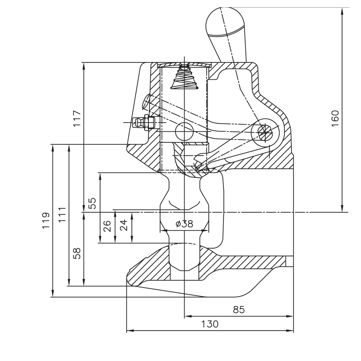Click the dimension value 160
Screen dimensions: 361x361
(x=335, y=118)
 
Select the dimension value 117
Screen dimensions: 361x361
(x=77, y=118)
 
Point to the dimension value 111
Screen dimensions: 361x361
(x=62, y=214)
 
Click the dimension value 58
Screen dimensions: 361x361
(x=77, y=253)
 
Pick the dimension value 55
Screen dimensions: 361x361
(x=93, y=203)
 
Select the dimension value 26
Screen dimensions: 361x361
(x=107, y=226)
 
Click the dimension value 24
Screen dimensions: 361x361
(x=123, y=225)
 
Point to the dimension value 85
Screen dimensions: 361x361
(x=239, y=310)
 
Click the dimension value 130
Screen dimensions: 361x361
(x=210, y=324)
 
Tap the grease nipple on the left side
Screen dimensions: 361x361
(x=143, y=122)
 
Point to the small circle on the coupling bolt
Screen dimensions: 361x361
(x=184, y=131)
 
